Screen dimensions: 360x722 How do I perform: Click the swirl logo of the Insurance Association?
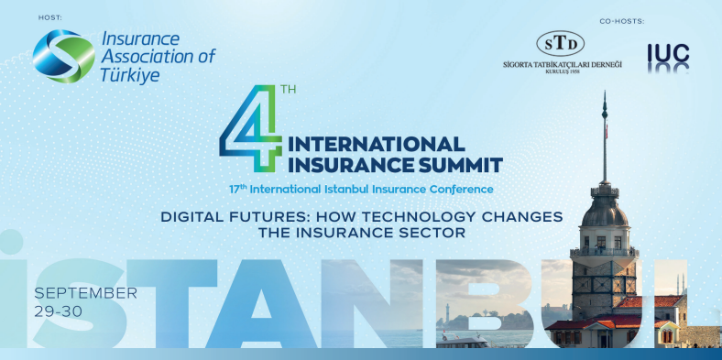(63, 55)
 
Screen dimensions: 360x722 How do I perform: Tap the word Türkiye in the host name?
(131, 74)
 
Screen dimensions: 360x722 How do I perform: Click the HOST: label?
(49, 17)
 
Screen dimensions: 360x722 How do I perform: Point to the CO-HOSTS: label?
(620, 20)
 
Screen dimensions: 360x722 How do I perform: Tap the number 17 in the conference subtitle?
(236, 189)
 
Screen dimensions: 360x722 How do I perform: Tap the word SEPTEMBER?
(85, 293)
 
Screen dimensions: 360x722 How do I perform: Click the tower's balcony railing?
(604, 250)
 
